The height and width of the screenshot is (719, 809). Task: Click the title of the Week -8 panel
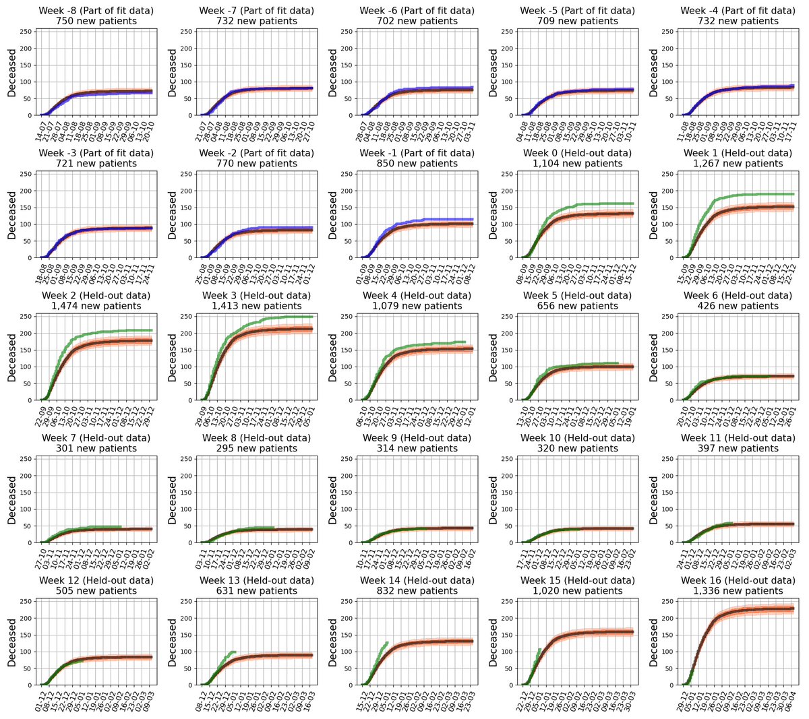point(96,11)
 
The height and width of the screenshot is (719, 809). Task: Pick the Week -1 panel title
point(417,154)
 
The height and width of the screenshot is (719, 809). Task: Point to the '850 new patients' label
point(417,164)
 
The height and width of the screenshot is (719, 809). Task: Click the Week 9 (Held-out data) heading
point(417,439)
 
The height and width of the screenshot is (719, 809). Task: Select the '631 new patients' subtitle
point(257,591)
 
